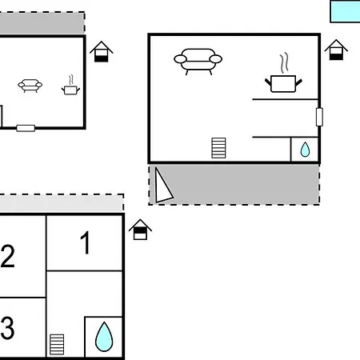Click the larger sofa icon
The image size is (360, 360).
198,62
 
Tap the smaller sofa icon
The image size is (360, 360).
30,86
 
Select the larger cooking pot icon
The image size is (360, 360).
283,84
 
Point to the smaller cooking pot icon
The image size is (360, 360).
70,90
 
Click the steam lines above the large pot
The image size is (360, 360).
284,62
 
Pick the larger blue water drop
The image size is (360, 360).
104,337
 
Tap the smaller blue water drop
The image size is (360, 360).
305,150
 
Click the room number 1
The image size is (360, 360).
86,242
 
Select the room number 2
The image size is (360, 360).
7,256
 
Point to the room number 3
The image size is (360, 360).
7,327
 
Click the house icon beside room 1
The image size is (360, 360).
140,230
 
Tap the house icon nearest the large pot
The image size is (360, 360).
336,50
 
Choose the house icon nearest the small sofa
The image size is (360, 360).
102,52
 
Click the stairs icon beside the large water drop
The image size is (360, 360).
57,345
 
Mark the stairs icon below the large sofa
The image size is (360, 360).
218,148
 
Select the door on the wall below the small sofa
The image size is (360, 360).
26,128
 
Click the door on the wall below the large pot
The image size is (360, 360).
319,117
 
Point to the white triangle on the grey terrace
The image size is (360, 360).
162,186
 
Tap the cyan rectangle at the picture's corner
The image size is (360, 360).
345,11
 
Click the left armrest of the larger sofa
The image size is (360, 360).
180,59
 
